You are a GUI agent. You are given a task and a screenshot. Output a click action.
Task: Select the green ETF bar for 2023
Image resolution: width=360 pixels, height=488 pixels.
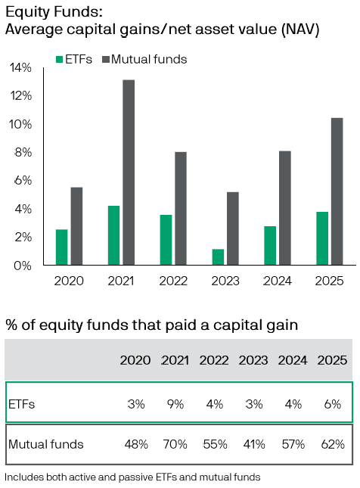(218, 257)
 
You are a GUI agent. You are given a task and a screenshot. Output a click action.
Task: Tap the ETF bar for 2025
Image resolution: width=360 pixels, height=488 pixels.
(322, 238)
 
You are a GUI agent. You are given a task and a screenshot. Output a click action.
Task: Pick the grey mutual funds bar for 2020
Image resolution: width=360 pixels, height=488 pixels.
(76, 226)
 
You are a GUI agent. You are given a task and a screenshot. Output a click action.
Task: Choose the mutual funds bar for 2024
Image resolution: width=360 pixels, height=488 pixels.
(285, 208)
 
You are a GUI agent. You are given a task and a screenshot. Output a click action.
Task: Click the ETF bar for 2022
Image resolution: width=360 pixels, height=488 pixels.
(166, 240)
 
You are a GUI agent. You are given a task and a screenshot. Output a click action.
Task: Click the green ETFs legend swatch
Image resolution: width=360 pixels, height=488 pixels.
(60, 59)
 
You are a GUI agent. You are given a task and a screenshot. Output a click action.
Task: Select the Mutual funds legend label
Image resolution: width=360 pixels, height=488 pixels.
(149, 59)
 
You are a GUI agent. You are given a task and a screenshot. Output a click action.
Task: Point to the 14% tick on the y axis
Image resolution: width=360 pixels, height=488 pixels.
(21, 67)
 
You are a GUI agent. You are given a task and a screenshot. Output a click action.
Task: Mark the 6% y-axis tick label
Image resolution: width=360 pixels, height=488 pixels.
(23, 180)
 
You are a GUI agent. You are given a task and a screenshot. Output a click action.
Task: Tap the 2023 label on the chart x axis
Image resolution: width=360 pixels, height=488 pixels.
(225, 281)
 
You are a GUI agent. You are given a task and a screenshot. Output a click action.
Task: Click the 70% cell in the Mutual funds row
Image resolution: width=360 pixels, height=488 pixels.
(175, 444)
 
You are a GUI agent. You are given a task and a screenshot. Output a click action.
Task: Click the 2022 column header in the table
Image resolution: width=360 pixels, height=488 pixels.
(215, 360)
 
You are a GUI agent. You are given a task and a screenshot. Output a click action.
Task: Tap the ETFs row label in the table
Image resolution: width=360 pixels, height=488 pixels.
(22, 404)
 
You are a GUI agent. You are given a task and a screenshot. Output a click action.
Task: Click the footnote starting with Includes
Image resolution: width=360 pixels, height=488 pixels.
(132, 477)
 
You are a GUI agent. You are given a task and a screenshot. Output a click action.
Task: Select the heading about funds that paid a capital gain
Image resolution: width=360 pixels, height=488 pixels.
(151, 325)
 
